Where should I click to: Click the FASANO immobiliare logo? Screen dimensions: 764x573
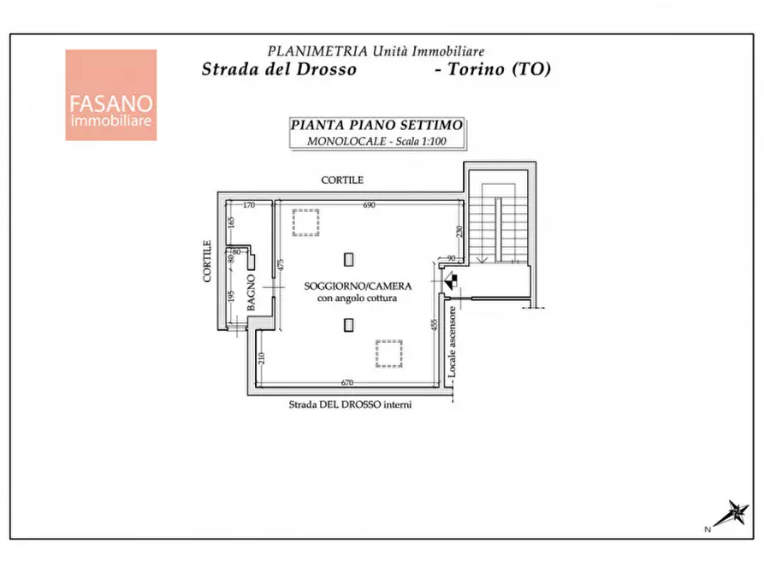[x=111, y=95]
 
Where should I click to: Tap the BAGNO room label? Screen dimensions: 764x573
[x=251, y=292]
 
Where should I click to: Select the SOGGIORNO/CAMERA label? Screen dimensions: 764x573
[x=358, y=286]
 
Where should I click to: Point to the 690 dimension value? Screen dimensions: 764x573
[x=369, y=205]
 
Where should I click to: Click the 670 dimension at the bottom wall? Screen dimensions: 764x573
[x=346, y=382]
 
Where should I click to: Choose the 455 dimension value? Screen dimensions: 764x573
[x=434, y=326]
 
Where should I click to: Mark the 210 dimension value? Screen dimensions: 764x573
[x=261, y=358]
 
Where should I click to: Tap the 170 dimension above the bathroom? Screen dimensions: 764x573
[x=248, y=205]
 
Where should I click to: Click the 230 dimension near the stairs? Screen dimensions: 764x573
[x=459, y=231]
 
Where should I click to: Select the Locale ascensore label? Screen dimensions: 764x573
[x=452, y=341]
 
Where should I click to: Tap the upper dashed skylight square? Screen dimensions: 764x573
[x=306, y=222]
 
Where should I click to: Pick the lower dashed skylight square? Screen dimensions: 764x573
[x=388, y=354]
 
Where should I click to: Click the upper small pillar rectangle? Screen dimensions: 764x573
[x=348, y=260]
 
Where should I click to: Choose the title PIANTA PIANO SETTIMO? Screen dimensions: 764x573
[x=376, y=125]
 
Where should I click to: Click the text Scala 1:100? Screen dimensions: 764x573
[x=421, y=141]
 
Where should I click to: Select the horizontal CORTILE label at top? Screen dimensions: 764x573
[x=342, y=180]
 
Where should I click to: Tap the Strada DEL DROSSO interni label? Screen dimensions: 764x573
[x=350, y=405]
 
